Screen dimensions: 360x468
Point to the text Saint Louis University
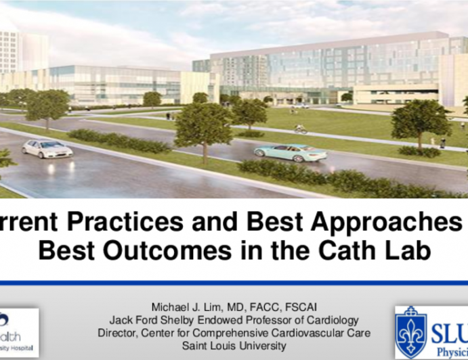tap(230, 345)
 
